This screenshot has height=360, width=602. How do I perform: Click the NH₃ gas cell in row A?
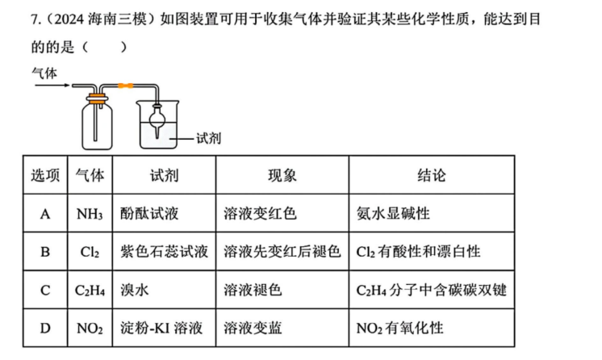point(90,214)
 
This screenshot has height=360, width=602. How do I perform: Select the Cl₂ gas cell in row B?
point(90,252)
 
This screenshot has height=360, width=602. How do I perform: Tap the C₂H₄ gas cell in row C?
point(90,290)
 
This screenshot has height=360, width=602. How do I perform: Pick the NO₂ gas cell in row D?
point(90,328)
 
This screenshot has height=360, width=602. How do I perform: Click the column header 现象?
point(282,176)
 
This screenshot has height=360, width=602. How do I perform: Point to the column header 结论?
point(432,176)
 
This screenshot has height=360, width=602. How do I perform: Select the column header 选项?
point(45,176)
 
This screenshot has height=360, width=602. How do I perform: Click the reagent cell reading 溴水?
point(135,290)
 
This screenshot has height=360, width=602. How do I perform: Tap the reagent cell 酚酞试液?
point(149,214)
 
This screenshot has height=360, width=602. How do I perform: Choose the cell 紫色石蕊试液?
point(164,252)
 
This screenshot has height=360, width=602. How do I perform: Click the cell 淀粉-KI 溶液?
point(161,328)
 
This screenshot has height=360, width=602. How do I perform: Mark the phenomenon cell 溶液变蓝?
point(253,328)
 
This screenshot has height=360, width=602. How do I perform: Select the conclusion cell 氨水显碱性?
point(393,214)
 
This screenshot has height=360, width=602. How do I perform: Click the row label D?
point(45,329)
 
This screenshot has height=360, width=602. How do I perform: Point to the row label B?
point(45,252)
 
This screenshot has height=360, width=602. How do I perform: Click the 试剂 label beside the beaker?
point(208,138)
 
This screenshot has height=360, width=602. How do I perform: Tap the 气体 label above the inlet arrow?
point(44,73)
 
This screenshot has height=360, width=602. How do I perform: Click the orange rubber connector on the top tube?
point(126,86)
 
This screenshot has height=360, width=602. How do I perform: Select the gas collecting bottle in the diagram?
point(98,123)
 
